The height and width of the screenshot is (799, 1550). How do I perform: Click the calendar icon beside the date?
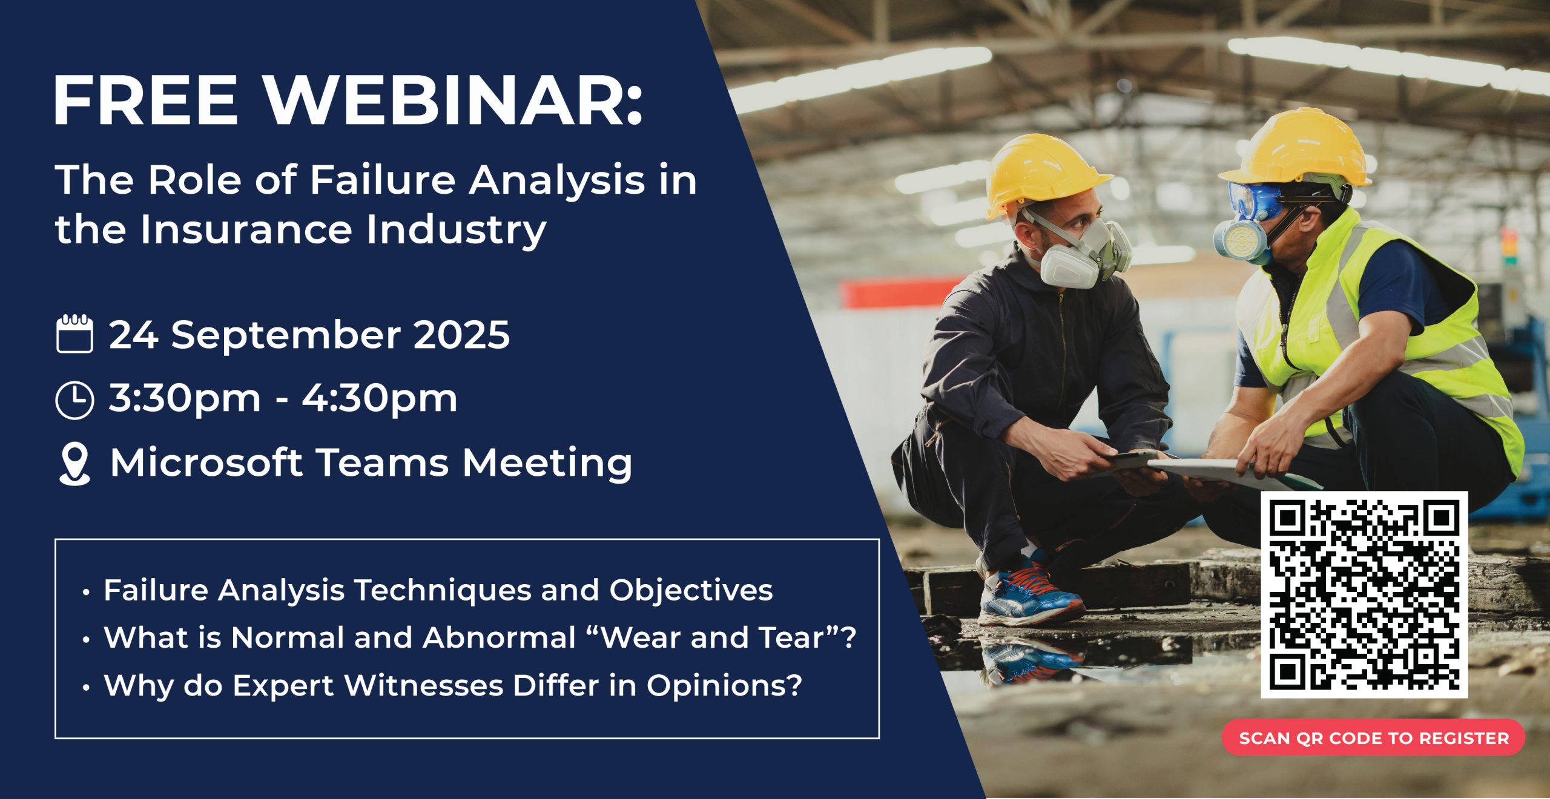(74, 334)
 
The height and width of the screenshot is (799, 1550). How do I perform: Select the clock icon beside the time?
(74, 400)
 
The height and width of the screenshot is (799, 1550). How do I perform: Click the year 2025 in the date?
(462, 335)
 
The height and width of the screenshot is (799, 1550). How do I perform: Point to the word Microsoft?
(206, 463)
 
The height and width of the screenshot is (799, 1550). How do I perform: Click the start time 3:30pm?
(185, 399)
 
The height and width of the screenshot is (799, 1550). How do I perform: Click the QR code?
(1364, 594)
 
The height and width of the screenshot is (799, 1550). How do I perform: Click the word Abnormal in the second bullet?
(500, 637)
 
